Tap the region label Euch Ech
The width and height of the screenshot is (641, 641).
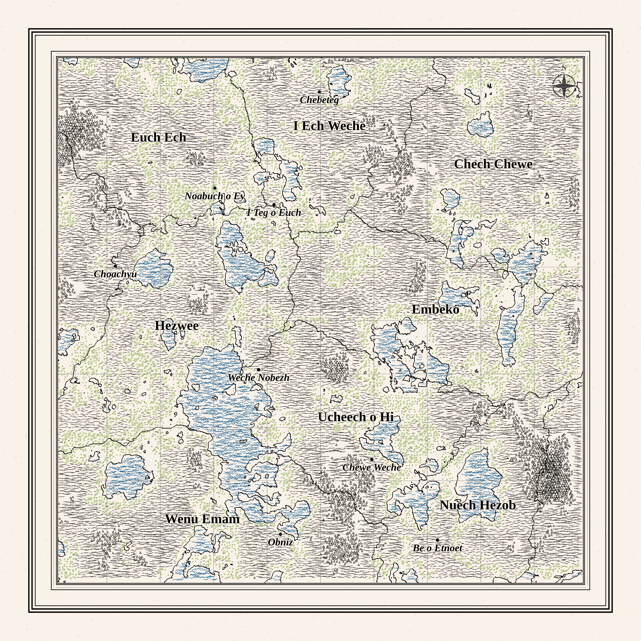[x=159, y=137]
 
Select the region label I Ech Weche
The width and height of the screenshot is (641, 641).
[x=330, y=126]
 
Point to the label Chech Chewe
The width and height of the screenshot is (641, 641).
[x=493, y=164]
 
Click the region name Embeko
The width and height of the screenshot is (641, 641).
[x=435, y=309]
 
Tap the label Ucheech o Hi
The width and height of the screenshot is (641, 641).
[x=356, y=417]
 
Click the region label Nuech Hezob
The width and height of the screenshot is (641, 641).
[x=478, y=505]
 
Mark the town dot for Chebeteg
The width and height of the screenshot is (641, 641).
[x=319, y=92]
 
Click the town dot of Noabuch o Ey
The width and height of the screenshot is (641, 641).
[x=215, y=188]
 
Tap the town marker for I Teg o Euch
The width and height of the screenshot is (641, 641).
[x=274, y=205]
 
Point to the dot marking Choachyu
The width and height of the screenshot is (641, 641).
[x=115, y=266]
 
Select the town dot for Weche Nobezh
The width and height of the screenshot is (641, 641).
[x=259, y=370]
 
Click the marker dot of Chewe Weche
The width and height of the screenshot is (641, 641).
[x=372, y=459]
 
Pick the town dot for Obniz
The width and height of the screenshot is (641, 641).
[x=280, y=534]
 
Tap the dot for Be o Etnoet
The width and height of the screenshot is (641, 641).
[x=437, y=540]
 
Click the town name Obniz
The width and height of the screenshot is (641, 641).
[x=280, y=542]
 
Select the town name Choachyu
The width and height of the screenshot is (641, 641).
[x=115, y=274]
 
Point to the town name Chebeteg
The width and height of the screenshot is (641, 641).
[x=319, y=100]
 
